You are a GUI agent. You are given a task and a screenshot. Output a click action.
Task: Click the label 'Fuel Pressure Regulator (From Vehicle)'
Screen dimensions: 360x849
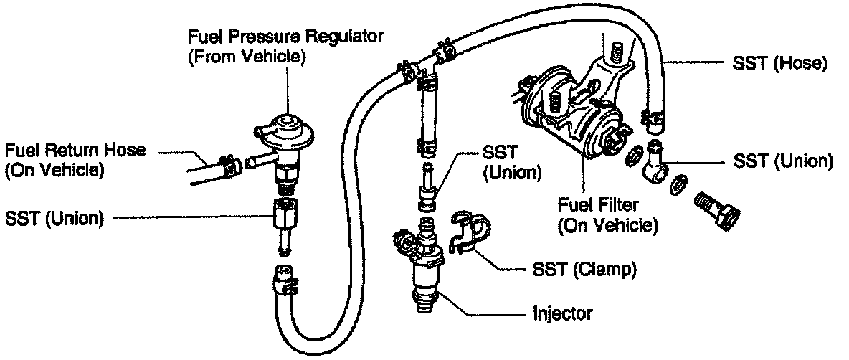click(x=285, y=47)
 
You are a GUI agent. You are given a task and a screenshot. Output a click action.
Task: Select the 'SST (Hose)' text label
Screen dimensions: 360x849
click(x=781, y=65)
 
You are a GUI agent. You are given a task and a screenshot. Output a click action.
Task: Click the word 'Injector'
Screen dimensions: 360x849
click(x=562, y=313)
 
